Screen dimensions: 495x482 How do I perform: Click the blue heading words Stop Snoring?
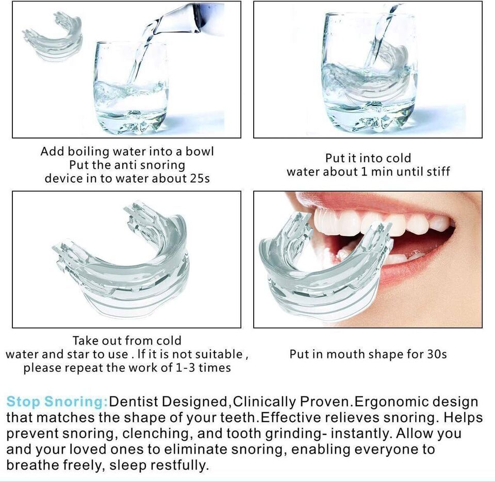(57, 402)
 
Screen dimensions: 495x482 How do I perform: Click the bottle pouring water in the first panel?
(186, 19)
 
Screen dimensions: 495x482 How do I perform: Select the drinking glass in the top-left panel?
(131, 88)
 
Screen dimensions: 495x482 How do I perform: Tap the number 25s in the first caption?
(200, 178)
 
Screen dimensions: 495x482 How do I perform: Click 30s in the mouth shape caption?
(437, 354)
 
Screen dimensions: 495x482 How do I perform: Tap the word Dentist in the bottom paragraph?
(133, 402)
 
